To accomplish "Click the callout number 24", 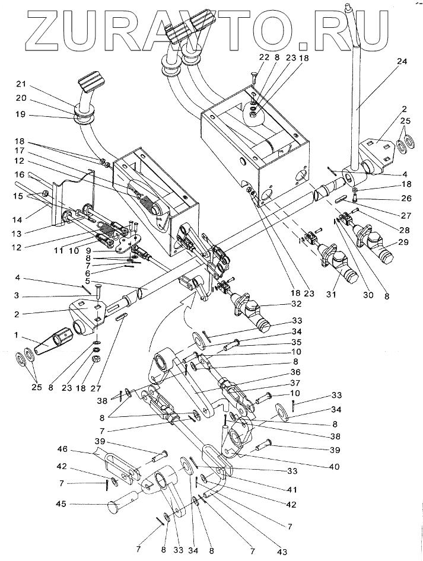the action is [402, 62].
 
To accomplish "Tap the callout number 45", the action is [61, 503].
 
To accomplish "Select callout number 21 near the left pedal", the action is [21, 84].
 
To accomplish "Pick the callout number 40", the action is [333, 467].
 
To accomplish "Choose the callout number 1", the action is [15, 335].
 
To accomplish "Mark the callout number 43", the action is [282, 552].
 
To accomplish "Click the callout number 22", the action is [264, 58].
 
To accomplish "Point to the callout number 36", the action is [295, 372].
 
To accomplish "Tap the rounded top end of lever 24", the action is [349, 7].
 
